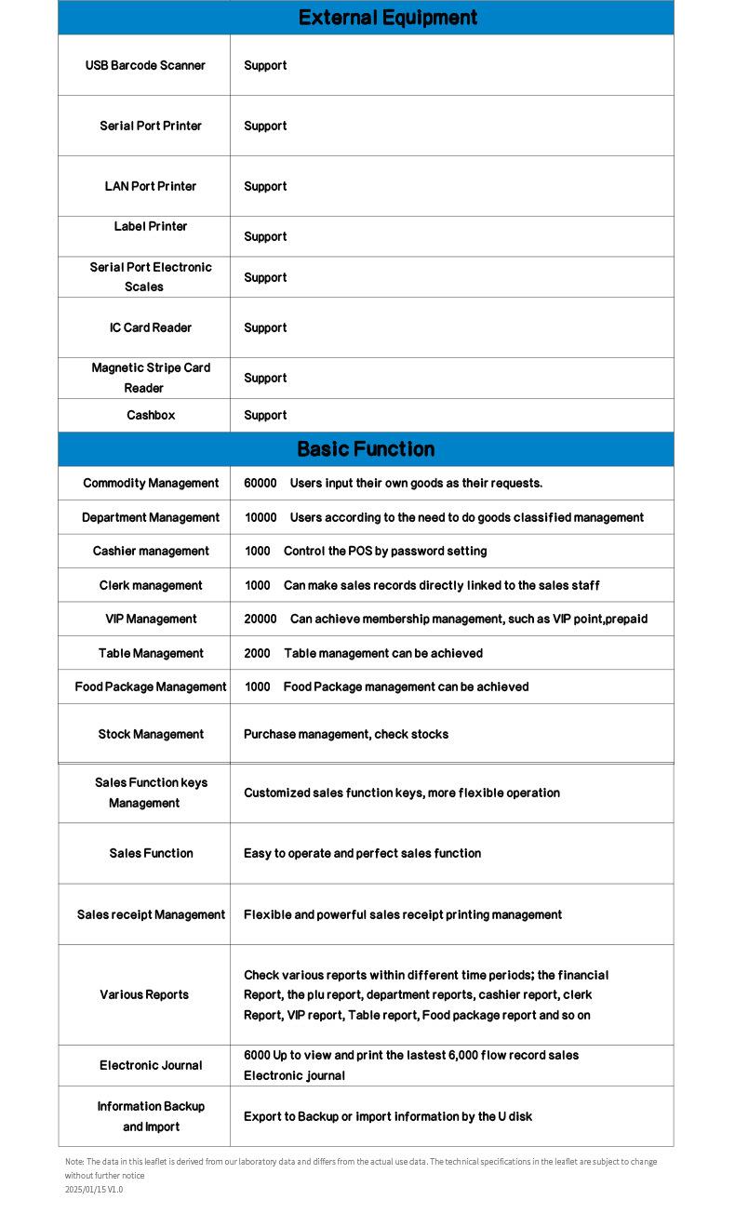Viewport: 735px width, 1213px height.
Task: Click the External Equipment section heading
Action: (388, 18)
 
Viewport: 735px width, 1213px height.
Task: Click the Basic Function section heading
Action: (366, 449)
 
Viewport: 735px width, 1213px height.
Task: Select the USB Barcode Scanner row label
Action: (145, 65)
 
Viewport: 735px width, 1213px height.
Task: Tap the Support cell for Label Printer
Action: (265, 236)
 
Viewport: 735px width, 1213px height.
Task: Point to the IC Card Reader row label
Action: (151, 327)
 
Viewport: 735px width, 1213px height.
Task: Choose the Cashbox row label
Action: (151, 415)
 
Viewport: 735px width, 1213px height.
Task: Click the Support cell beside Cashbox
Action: (265, 415)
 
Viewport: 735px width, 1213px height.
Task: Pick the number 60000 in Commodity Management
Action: (261, 483)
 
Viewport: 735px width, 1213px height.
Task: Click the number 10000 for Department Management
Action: (261, 517)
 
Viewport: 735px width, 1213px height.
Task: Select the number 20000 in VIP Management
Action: (261, 619)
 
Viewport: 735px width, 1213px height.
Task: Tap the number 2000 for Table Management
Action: (258, 653)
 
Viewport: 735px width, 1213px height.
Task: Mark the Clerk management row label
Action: (151, 585)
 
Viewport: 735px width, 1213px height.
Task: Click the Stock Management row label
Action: (151, 734)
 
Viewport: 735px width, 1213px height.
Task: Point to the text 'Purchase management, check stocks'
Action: (346, 734)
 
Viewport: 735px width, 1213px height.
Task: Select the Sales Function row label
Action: (151, 853)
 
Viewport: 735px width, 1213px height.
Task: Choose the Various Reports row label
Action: (144, 994)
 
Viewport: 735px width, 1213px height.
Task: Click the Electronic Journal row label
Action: (151, 1065)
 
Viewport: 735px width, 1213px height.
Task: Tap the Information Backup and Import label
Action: (151, 1116)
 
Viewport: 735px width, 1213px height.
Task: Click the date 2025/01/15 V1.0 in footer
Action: (94, 1189)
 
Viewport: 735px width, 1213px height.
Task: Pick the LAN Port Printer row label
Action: (151, 186)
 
